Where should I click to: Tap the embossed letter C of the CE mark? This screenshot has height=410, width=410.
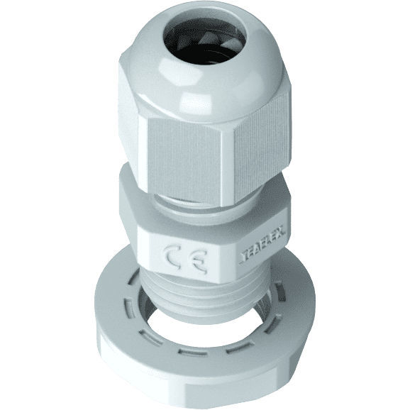click(x=174, y=257)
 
